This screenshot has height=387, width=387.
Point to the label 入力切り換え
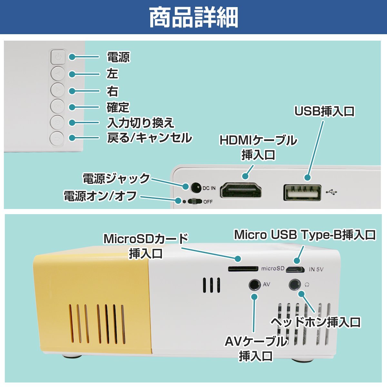pyautogui.click(x=141, y=123)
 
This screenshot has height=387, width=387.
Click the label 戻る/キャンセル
pyautogui.click(x=149, y=138)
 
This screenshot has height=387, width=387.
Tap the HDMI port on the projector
pyautogui.click(x=241, y=191)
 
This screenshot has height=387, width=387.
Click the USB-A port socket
pyautogui.click(x=302, y=193)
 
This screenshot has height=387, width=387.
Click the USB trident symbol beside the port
pyautogui.click(x=331, y=193)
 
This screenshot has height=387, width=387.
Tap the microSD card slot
pyautogui.click(x=243, y=268)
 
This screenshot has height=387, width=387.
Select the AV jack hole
pyautogui.click(x=254, y=285)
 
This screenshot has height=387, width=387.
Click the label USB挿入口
pyautogui.click(x=324, y=111)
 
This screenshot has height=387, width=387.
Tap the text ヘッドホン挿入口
pyautogui.click(x=315, y=322)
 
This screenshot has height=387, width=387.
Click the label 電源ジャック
pyautogui.click(x=116, y=179)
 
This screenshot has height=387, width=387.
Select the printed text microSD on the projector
pyautogui.click(x=273, y=269)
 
